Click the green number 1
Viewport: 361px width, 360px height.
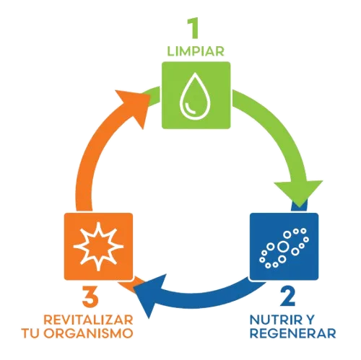(193, 28)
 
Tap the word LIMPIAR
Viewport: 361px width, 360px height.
(196, 51)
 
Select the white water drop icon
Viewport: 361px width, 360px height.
(195, 97)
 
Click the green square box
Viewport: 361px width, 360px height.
(196, 95)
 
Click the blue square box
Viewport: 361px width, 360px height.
(284, 246)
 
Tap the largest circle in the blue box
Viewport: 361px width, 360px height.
(283, 247)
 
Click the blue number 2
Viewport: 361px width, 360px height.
(288, 297)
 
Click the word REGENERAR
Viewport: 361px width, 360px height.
(293, 333)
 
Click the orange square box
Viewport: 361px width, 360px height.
(98, 246)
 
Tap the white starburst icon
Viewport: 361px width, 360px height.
(98, 246)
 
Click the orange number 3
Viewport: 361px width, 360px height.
(90, 297)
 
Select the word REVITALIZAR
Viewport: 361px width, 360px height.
(88, 320)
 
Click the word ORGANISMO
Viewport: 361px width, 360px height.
(88, 333)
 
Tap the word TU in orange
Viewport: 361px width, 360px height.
(30, 333)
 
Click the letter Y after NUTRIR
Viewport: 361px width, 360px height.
(310, 320)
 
